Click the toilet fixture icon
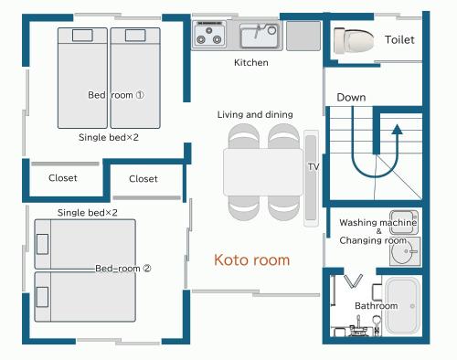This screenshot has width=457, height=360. click(354, 40)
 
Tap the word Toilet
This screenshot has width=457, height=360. click(399, 39)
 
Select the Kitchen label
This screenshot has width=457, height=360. click(251, 62)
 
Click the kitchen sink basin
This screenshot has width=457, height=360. click(259, 36)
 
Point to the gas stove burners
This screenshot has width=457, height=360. click(209, 35)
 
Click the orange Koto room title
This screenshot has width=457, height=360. click(252, 259)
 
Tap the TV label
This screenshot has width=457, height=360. click(314, 166)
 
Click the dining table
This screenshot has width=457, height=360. click(263, 172)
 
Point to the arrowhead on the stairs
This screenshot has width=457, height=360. click(397, 129)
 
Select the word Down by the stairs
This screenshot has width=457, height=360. click(351, 98)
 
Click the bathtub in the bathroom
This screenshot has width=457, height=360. click(402, 306)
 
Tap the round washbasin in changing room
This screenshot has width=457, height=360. click(403, 251)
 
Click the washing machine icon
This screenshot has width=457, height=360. click(404, 222)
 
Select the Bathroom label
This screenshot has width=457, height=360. click(377, 305)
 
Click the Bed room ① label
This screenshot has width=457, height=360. click(116, 95)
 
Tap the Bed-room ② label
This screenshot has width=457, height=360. click(123, 269)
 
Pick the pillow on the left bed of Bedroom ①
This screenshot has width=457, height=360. click(82, 36)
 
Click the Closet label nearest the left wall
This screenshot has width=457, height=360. click(63, 178)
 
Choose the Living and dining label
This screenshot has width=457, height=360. click(255, 114)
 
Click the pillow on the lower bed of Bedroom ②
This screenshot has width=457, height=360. click(42, 297)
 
